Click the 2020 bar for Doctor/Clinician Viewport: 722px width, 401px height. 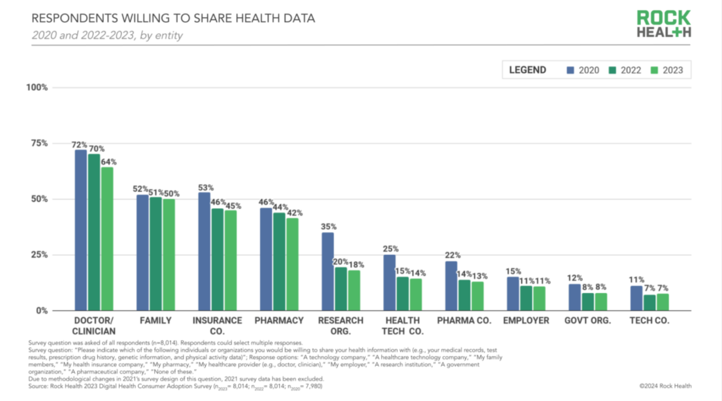pyautogui.click(x=81, y=230)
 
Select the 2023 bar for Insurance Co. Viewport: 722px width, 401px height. pyautogui.click(x=231, y=260)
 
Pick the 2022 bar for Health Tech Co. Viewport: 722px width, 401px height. pyautogui.click(x=403, y=294)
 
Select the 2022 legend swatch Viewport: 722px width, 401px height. pyautogui.click(x=612, y=70)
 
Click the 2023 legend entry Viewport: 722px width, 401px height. pyautogui.click(x=667, y=70)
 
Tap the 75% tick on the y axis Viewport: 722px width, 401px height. pyautogui.click(x=39, y=143)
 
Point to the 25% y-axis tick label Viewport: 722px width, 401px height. pyautogui.click(x=39, y=255)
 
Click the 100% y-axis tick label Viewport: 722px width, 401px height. pyautogui.click(x=37, y=87)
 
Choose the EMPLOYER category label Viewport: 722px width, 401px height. pyautogui.click(x=526, y=321)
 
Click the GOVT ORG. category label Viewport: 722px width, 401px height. pyautogui.click(x=587, y=321)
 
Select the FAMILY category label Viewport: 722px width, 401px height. pyautogui.click(x=155, y=321)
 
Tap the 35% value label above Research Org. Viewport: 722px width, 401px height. pyautogui.click(x=329, y=226)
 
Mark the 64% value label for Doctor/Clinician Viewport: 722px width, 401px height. pyautogui.click(x=109, y=162)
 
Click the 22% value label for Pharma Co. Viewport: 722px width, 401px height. pyautogui.click(x=452, y=255)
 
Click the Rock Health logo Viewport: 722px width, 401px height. pyautogui.click(x=664, y=24)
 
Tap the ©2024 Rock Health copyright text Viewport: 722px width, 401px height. pyautogui.click(x=665, y=386)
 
